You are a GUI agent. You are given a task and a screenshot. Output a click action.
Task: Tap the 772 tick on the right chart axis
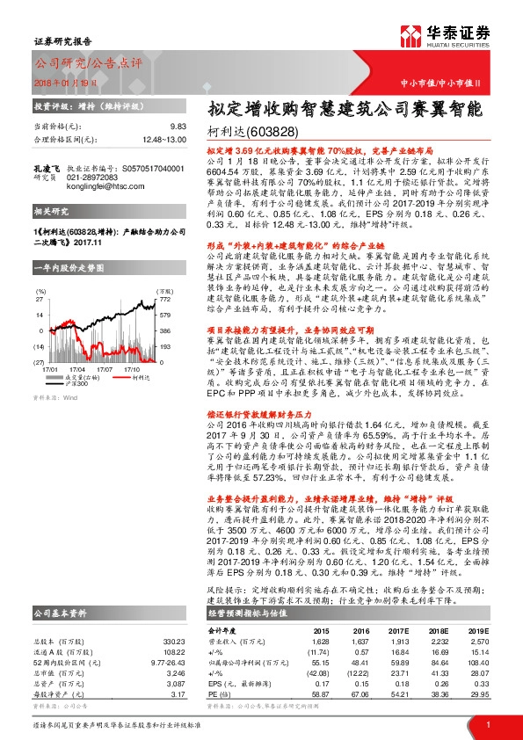163,300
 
